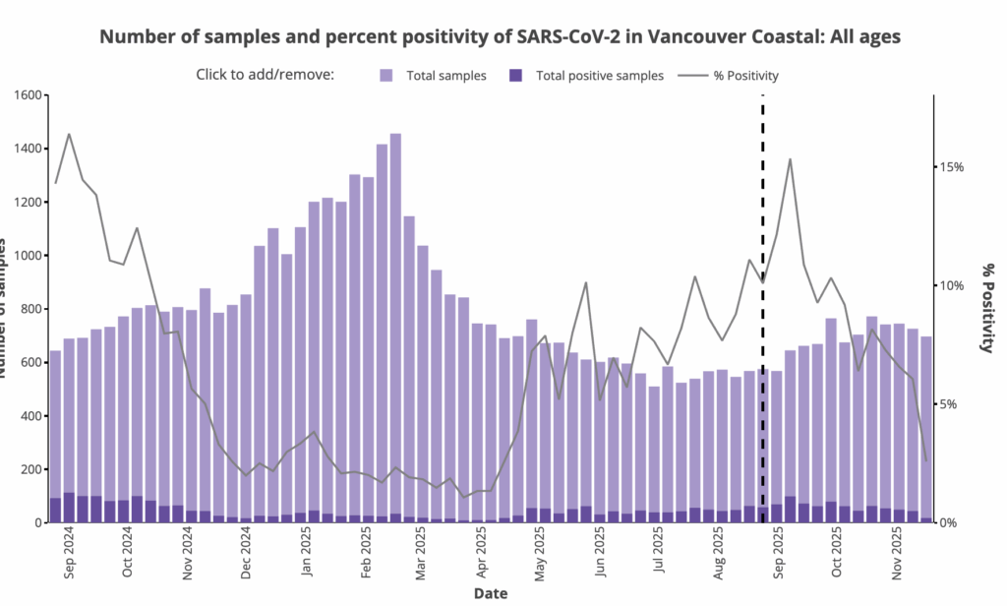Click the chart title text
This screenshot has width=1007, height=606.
tap(500, 36)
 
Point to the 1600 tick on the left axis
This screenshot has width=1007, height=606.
tap(24, 95)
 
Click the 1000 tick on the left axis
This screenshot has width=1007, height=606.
tap(24, 256)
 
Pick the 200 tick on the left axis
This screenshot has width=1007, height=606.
tap(28, 469)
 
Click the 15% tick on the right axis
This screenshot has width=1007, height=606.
tap(949, 167)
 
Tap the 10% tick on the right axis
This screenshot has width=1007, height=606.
tap(949, 285)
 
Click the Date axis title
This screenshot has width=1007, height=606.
tap(491, 593)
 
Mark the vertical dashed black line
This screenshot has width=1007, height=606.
tap(763, 295)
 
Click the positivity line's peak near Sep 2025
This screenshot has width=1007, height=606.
tap(790, 159)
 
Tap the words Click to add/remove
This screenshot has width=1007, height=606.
tap(266, 75)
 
